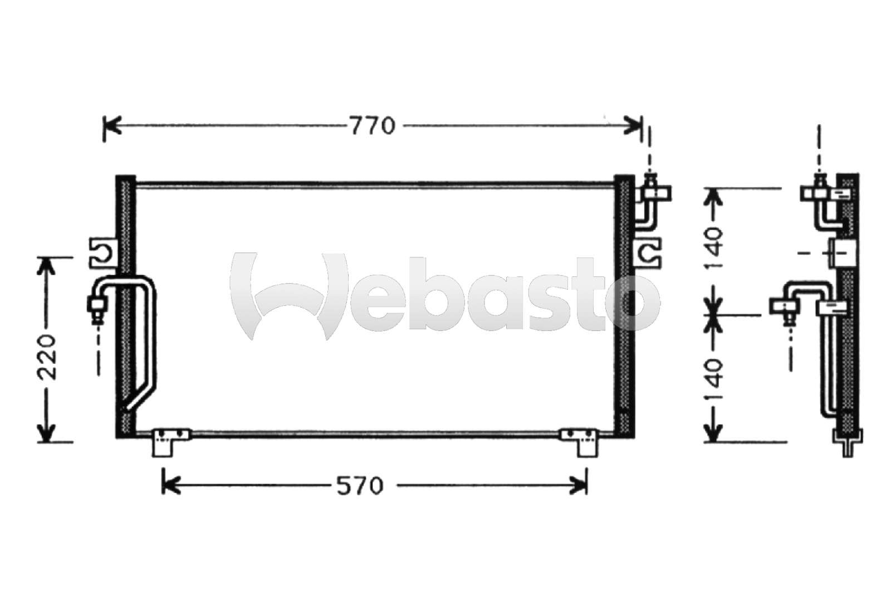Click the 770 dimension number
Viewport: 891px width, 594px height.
pyautogui.click(x=373, y=126)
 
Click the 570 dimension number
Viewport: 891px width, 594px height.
pyautogui.click(x=360, y=486)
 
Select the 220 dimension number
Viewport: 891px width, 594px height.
pyautogui.click(x=47, y=357)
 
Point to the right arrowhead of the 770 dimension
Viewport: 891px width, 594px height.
pyautogui.click(x=635, y=126)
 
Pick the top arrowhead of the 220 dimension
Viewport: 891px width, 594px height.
pyautogui.click(x=47, y=266)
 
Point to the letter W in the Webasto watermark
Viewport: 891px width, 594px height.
pyautogui.click(x=290, y=295)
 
